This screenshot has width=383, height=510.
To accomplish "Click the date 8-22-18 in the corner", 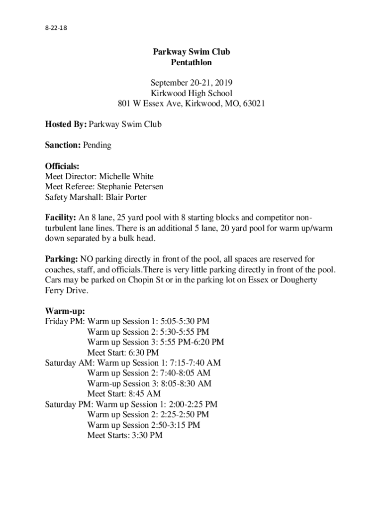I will tap(56, 28).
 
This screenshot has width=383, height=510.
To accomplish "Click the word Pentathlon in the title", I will tap(191, 63).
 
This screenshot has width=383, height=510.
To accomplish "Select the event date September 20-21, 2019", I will tap(191, 83).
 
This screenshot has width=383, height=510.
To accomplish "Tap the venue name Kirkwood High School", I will tap(191, 93).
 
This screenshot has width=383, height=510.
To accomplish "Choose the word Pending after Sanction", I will tap(97, 145).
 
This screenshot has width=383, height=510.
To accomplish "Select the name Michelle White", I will tap(126, 176).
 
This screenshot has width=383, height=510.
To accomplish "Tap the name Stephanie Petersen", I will tap(130, 187).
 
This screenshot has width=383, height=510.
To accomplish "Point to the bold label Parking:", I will tap(61, 259).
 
